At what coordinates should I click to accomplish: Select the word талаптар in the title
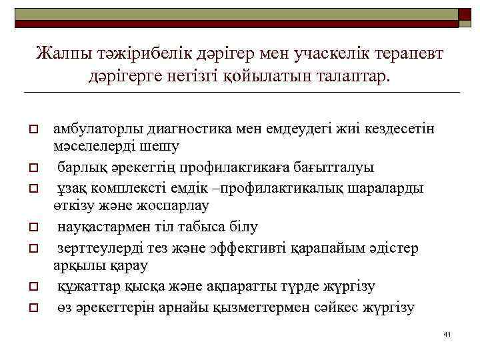click(x=349, y=76)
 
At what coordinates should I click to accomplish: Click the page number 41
click(x=447, y=333)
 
